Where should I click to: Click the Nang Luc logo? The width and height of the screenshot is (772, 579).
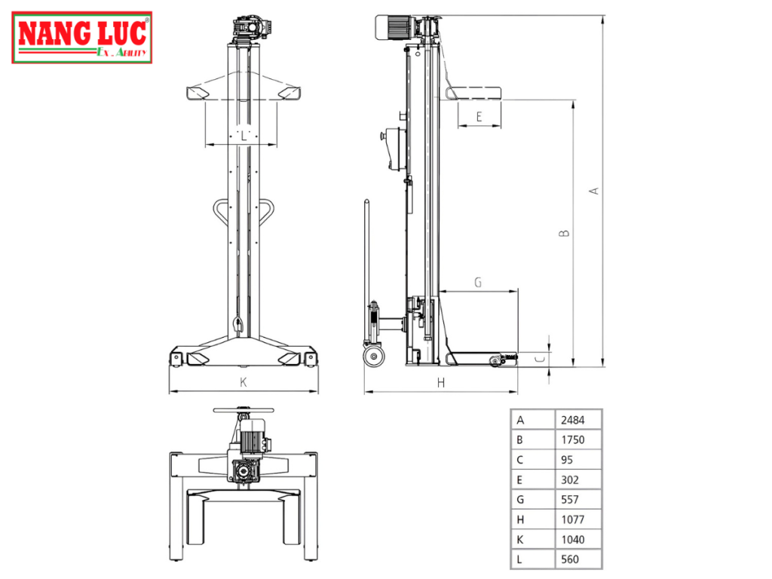tap(81, 37)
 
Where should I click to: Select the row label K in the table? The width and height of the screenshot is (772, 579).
tap(520, 539)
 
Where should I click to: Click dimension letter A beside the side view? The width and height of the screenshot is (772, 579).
tap(594, 191)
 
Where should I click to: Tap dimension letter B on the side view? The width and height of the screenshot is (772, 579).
tap(564, 234)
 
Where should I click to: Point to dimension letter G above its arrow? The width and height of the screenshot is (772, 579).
tap(478, 282)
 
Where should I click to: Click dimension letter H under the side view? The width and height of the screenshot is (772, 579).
tap(441, 383)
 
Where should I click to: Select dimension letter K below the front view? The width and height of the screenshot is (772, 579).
tap(244, 383)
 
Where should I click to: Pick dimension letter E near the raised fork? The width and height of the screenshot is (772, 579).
tap(479, 117)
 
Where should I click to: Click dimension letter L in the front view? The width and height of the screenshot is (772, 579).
tap(243, 135)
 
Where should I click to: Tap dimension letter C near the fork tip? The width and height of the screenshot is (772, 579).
tap(539, 360)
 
